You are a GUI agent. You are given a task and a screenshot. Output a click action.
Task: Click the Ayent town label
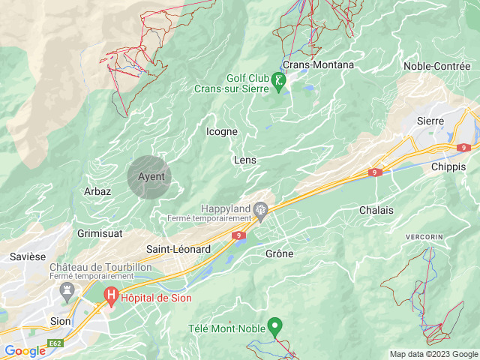click(x=151, y=176)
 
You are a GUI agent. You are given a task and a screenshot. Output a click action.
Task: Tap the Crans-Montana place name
click(x=318, y=64)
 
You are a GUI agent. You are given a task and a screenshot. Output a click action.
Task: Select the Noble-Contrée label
click(x=437, y=66)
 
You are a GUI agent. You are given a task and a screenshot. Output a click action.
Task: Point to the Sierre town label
click(x=430, y=121)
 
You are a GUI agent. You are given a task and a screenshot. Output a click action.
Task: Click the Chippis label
click(x=448, y=167)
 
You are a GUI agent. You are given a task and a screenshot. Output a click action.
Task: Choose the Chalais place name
click(x=376, y=210)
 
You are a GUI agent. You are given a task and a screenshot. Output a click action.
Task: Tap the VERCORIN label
click(x=424, y=237)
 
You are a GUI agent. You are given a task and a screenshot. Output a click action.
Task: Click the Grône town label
click(x=280, y=253)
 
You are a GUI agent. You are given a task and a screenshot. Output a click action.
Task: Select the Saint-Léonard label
click(x=178, y=249)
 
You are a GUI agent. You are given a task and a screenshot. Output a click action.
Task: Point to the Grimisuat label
click(x=100, y=233)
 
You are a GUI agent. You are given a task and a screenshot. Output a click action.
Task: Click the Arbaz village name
click(x=97, y=191)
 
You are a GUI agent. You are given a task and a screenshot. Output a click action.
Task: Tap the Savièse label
click(x=28, y=256)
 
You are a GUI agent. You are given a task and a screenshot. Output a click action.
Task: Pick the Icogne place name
click(x=221, y=131)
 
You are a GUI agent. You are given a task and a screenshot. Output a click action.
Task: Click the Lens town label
click(x=245, y=160)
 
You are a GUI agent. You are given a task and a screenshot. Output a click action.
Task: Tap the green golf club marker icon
click(x=280, y=82)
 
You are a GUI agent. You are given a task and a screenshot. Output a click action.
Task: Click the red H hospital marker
click(x=112, y=297)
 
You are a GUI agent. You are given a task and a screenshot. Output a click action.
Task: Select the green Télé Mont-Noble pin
click(x=275, y=326)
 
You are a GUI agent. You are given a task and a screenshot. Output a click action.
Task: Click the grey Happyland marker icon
click(x=261, y=210)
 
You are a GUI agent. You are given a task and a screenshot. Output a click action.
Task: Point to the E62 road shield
click(x=55, y=343)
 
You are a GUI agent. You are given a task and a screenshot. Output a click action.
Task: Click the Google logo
click(x=25, y=350)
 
